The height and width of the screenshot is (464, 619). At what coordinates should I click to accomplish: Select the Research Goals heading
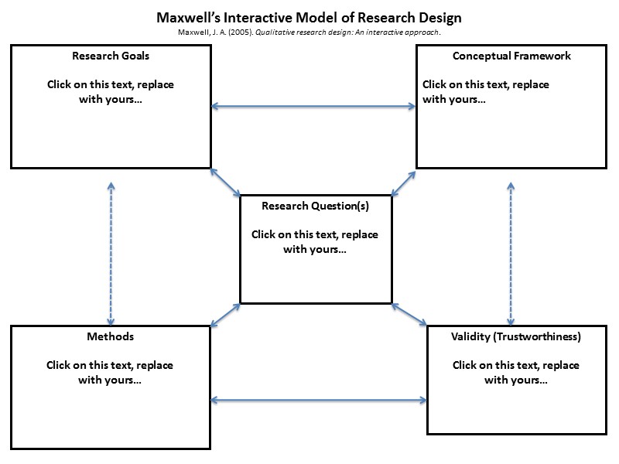coord(111,56)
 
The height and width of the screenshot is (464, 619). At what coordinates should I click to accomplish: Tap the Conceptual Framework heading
coord(511,56)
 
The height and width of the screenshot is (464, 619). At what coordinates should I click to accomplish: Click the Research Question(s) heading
coord(316,206)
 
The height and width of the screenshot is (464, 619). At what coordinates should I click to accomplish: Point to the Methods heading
coord(111,337)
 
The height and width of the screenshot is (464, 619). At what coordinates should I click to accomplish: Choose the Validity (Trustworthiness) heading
coord(516,337)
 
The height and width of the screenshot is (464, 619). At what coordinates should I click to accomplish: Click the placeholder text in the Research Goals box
coord(110,92)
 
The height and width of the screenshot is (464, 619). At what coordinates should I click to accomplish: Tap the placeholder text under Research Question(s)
coord(315,242)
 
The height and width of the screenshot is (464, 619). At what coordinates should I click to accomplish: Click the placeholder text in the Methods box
coord(110,373)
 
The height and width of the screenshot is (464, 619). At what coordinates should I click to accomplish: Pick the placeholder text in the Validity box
coord(516,373)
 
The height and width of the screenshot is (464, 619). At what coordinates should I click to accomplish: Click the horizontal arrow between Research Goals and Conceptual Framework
coord(313,107)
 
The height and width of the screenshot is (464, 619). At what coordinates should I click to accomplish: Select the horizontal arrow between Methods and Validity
coord(318,401)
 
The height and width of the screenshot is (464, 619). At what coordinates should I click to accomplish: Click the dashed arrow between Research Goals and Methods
coord(111,253)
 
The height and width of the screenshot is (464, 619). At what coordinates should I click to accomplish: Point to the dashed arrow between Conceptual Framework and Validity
coord(511,253)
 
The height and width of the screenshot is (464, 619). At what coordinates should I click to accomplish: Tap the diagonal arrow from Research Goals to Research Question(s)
coord(225,183)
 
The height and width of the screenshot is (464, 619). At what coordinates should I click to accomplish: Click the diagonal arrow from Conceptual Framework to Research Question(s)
coord(404,183)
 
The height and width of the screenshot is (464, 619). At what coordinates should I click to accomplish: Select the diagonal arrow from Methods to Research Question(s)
coord(225,313)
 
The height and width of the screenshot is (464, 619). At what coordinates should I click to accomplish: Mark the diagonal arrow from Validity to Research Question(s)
coord(409,313)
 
